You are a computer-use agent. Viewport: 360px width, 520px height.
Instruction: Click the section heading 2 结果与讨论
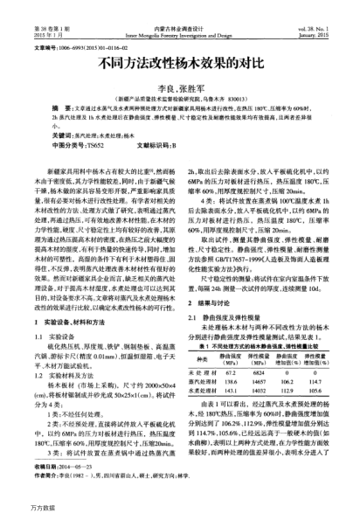click(x=210, y=302)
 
